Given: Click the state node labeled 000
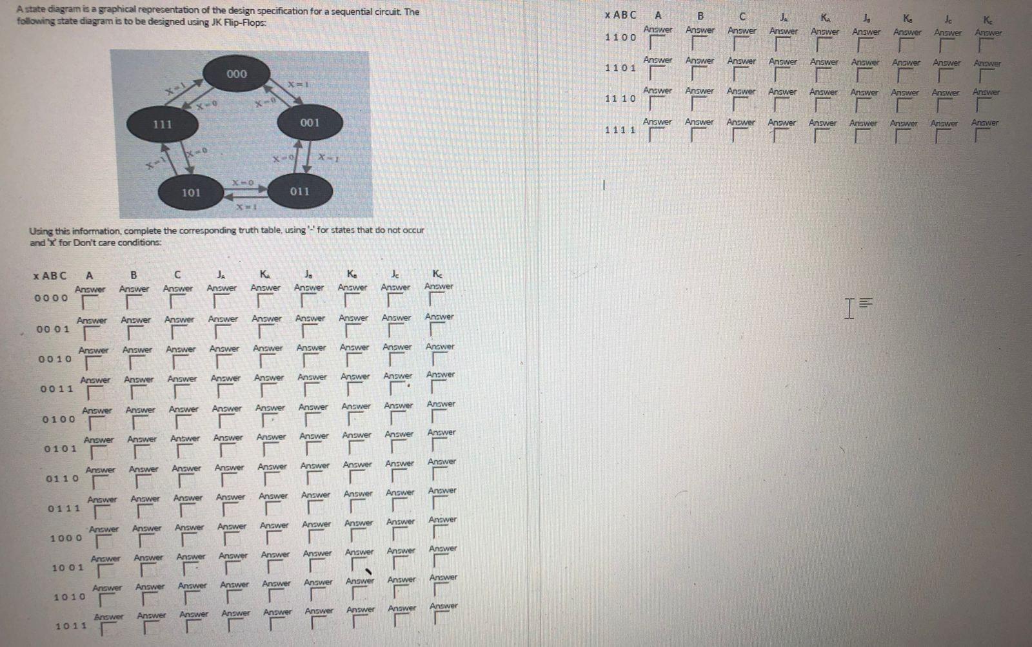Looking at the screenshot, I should coord(237,74).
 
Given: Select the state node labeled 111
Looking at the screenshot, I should coord(162,124).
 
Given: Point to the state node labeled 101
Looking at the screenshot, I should coord(190,193).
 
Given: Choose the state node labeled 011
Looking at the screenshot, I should coord(299,191).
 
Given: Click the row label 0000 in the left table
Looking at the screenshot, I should coord(51,298).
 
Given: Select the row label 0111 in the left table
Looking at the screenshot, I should coord(64,508).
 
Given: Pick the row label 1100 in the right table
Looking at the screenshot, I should coord(620,37).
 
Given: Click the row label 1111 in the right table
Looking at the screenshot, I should coord(620,130).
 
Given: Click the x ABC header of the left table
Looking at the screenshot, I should coord(49,276).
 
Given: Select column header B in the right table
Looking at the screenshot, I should coord(700,15).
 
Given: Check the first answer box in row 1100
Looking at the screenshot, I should coord(657,44).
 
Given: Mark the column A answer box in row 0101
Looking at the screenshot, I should coord(98,452).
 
